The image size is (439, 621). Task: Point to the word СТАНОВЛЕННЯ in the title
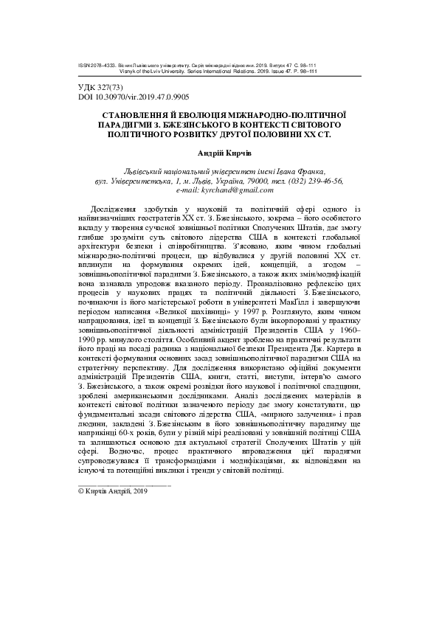point(140,117)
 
